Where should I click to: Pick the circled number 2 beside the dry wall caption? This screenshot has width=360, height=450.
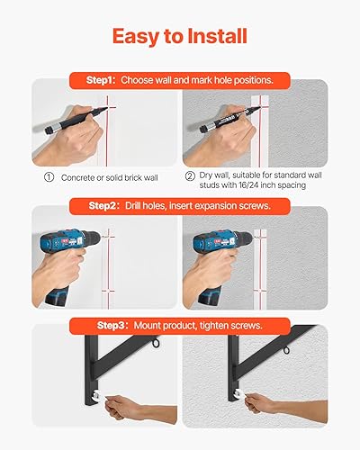[190, 178]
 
